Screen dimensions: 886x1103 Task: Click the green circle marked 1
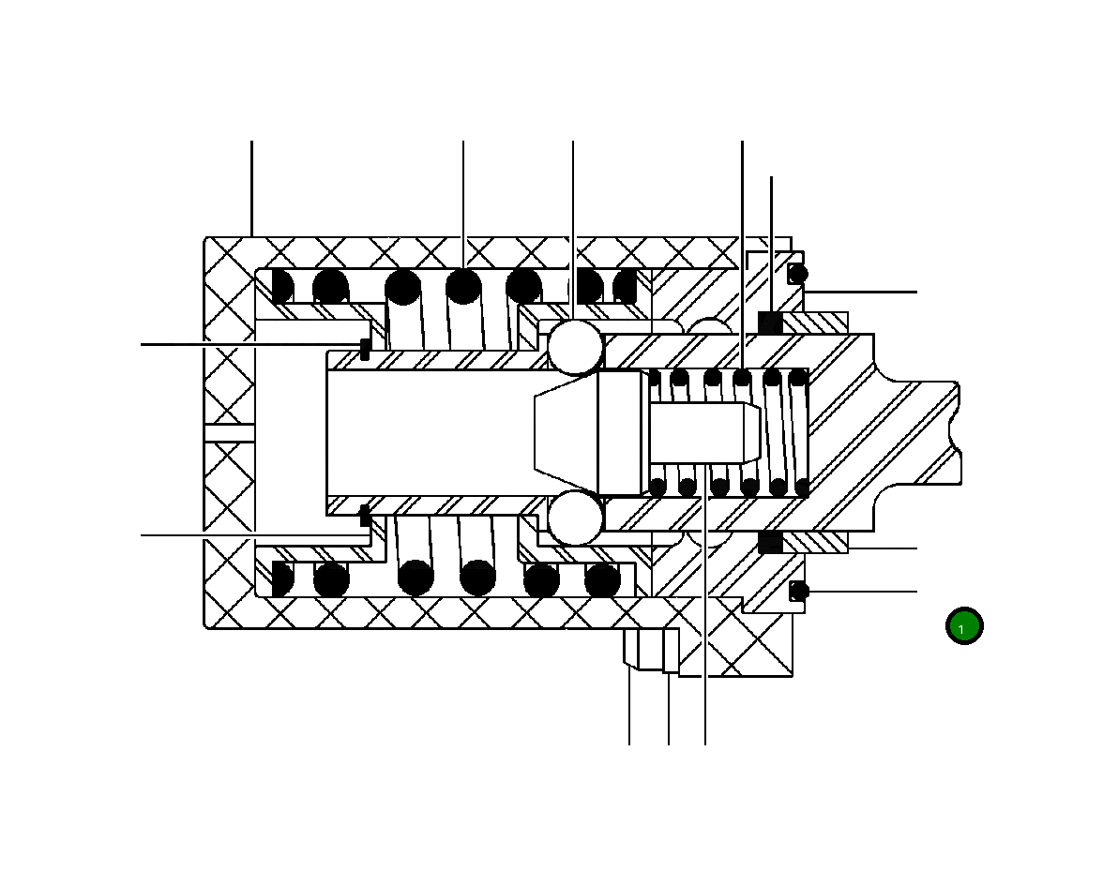pos(963,626)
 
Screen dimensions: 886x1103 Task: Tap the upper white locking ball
pos(575,347)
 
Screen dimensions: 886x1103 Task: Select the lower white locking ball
pos(574,518)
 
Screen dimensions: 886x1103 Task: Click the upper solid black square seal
pos(770,323)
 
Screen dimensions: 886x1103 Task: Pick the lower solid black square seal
pos(770,541)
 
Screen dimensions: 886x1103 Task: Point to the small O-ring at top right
pos(797,274)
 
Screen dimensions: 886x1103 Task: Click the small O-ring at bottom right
pos(798,591)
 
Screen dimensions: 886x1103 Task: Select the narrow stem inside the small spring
pos(699,432)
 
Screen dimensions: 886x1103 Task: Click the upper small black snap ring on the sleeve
pos(365,350)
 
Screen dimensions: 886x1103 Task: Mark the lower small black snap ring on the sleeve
pos(365,515)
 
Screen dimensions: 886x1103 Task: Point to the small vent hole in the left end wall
pos(230,432)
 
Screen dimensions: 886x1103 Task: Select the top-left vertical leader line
pos(251,188)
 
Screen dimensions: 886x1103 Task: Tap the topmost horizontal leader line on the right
pos(863,292)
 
